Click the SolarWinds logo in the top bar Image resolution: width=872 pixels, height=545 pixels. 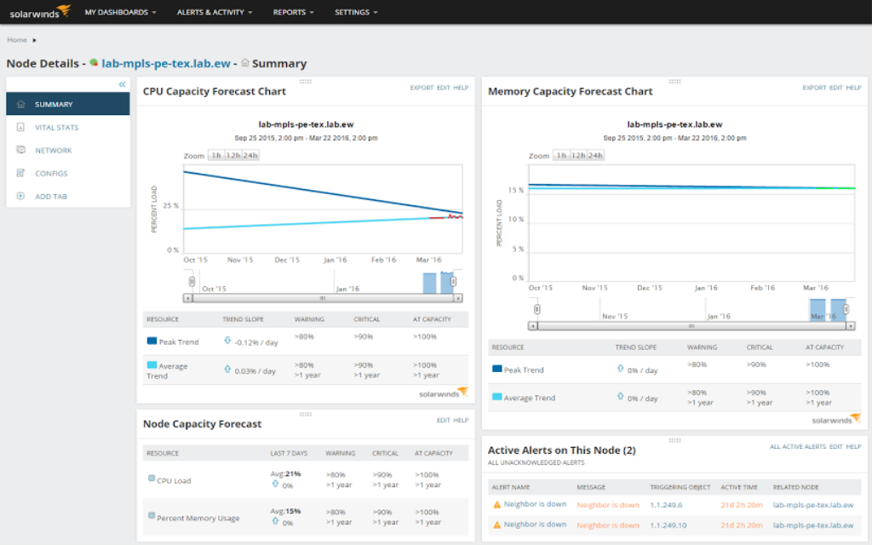[x=34, y=13]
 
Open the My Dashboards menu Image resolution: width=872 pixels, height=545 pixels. [x=121, y=13]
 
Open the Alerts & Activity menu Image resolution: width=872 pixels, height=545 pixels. [x=215, y=13]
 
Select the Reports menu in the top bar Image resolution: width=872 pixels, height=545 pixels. [x=293, y=13]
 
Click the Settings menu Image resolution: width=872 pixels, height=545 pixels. [x=356, y=13]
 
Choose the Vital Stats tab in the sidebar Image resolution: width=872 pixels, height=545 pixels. [x=56, y=128]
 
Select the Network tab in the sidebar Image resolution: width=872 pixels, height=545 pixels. [x=53, y=151]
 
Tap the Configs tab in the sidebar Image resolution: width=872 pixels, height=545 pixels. [x=51, y=174]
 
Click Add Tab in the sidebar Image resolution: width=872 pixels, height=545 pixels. [x=50, y=197]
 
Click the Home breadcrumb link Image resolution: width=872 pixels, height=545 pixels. [x=17, y=40]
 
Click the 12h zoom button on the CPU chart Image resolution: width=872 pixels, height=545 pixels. [x=232, y=155]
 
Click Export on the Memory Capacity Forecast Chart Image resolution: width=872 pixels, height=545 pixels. [x=813, y=88]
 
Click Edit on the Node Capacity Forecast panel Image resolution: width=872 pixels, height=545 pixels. [x=443, y=421]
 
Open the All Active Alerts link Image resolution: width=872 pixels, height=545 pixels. [x=797, y=446]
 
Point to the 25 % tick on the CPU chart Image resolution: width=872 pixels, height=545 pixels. [x=170, y=206]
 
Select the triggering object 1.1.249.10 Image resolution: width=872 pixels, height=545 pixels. [x=670, y=525]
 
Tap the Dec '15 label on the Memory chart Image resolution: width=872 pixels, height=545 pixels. [x=650, y=288]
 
